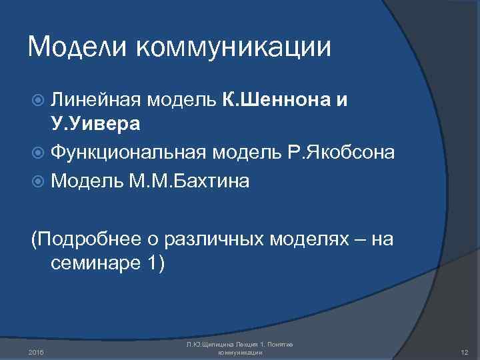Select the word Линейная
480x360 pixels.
[x=95, y=100]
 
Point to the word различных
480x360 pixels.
[x=209, y=238]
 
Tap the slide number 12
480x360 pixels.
[x=465, y=351]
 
